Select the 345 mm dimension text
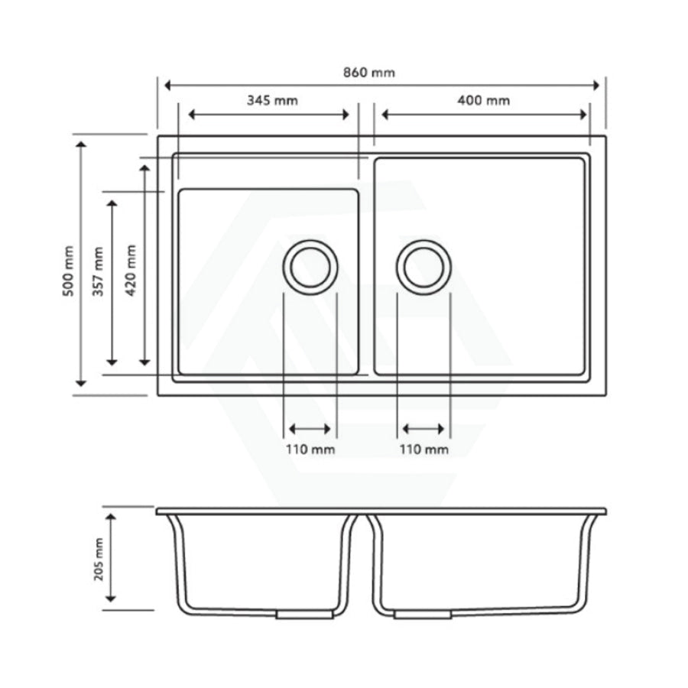[272, 100]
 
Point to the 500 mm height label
[70, 271]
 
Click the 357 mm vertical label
[97, 271]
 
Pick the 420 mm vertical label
[131, 271]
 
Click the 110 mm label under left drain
[310, 449]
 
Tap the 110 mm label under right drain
[424, 449]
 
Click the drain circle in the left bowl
[310, 266]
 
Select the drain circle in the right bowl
[424, 266]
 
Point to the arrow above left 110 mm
[310, 430]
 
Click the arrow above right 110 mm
[424, 430]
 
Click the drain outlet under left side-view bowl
[305, 614]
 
